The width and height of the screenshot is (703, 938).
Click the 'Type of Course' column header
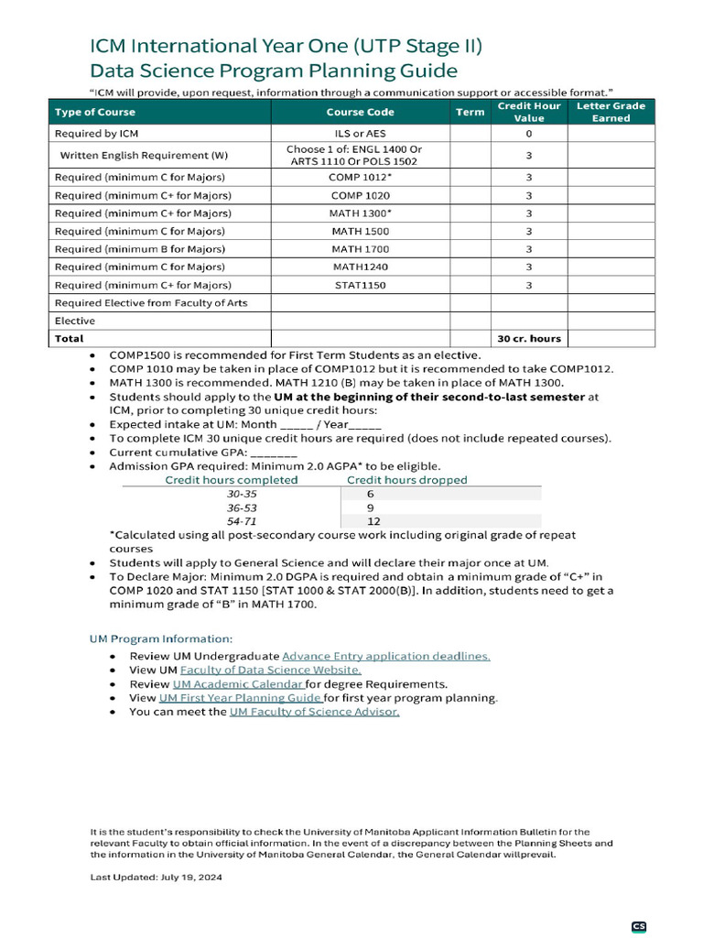[95, 112]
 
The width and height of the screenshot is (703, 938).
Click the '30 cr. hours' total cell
[529, 338]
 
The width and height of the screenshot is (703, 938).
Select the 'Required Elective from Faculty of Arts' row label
[151, 303]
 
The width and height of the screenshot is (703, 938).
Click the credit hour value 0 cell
[529, 133]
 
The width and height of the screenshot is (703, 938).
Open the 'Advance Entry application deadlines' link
[386, 656]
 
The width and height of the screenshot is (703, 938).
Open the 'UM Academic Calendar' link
[238, 683]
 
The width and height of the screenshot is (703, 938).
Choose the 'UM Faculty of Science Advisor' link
[314, 711]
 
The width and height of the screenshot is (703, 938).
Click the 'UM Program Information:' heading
[161, 638]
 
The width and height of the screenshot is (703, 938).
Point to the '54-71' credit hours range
[242, 520]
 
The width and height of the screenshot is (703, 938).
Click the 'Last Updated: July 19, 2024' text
[156, 877]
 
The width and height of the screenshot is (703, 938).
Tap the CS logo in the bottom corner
[639, 927]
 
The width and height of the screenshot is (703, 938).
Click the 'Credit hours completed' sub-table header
[231, 479]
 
